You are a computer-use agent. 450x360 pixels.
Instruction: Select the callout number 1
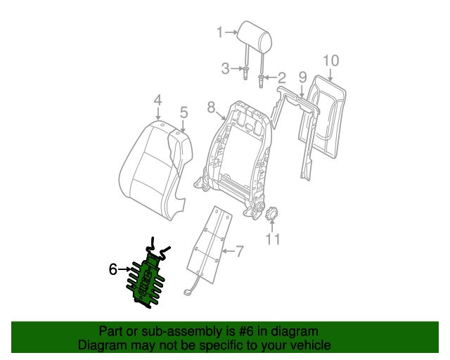pyautogui.click(x=219, y=32)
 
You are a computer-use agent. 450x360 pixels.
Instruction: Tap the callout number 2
pyautogui.click(x=281, y=77)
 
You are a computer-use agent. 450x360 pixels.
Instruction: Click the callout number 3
pyautogui.click(x=226, y=68)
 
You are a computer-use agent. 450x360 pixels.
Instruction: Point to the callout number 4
pyautogui.click(x=157, y=100)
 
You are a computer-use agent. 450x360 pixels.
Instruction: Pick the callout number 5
pyautogui.click(x=184, y=112)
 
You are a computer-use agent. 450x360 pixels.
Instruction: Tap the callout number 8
pyautogui.click(x=210, y=107)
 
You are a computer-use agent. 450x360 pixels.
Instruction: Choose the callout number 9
pyautogui.click(x=302, y=77)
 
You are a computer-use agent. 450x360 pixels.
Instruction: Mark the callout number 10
pyautogui.click(x=330, y=60)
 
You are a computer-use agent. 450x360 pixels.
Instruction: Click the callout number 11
pyautogui.click(x=272, y=239)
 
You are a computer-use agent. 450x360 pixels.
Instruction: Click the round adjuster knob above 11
pyautogui.click(x=272, y=212)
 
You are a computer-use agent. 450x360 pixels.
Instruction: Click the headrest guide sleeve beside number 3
pyautogui.click(x=247, y=71)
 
